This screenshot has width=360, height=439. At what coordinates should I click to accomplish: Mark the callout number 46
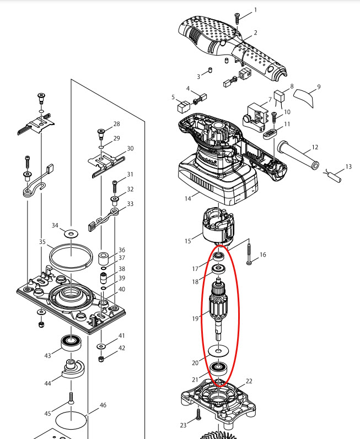click(103, 406)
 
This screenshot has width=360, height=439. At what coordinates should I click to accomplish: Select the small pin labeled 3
click(210, 71)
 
